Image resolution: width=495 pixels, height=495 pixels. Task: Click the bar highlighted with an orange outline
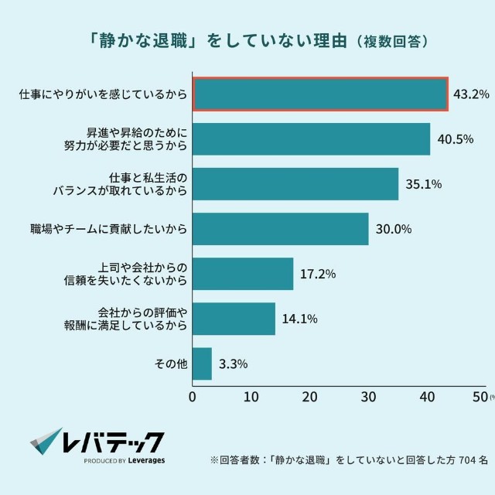coord(320,94)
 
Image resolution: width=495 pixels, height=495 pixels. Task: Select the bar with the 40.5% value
coord(311,139)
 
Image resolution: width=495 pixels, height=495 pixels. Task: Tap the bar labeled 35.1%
coord(295,184)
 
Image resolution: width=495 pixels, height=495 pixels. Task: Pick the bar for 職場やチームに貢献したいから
coord(280,229)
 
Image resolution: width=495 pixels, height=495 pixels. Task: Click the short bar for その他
coord(202,364)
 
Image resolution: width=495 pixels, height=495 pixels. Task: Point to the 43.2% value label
coord(472,95)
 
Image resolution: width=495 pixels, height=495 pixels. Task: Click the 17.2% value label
coord(319,274)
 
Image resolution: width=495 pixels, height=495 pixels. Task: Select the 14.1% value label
coord(300,319)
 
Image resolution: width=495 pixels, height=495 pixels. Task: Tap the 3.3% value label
coord(234,364)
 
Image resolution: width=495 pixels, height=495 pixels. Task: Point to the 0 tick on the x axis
coord(193,398)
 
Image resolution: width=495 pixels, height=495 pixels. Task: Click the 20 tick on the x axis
coord(309,398)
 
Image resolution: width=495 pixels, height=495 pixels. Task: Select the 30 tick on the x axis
coord(368,398)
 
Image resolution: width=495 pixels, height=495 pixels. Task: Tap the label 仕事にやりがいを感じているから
coord(103,95)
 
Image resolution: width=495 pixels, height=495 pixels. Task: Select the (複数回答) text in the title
coord(392,39)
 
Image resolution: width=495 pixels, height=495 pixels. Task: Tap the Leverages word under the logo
coord(145,460)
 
